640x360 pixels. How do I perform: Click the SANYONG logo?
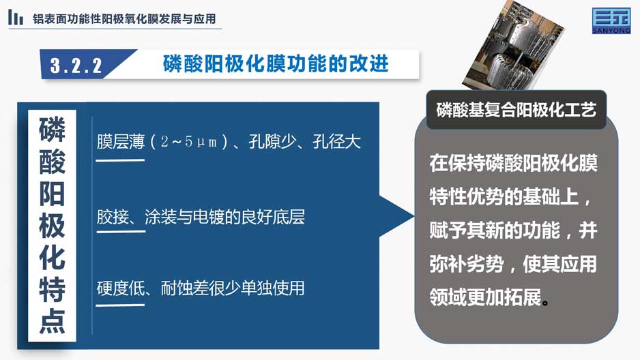coord(611,20)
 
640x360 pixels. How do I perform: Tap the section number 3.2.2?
coord(76,65)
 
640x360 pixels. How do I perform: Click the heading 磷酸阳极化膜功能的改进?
coord(276,63)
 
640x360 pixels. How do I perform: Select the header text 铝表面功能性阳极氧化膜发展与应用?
coord(124,19)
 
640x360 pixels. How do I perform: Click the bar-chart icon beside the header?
coord(16,18)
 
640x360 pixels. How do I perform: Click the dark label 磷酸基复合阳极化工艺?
coord(517,110)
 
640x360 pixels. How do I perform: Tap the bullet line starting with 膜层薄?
coord(229,142)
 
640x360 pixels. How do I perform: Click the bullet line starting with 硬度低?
coord(201,288)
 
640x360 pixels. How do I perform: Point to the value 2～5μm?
coord(188,142)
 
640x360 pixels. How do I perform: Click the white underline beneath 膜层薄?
coord(120,160)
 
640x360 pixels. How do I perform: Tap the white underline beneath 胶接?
coord(121,232)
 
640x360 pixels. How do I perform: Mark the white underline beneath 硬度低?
coord(120,305)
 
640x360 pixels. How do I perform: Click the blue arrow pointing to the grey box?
coord(396,217)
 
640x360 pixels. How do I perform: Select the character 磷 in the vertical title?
coord(52,129)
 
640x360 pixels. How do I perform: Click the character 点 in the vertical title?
coord(52,321)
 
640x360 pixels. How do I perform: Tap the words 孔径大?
coord(337,142)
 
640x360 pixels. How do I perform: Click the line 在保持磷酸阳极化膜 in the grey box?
coord(514,163)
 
